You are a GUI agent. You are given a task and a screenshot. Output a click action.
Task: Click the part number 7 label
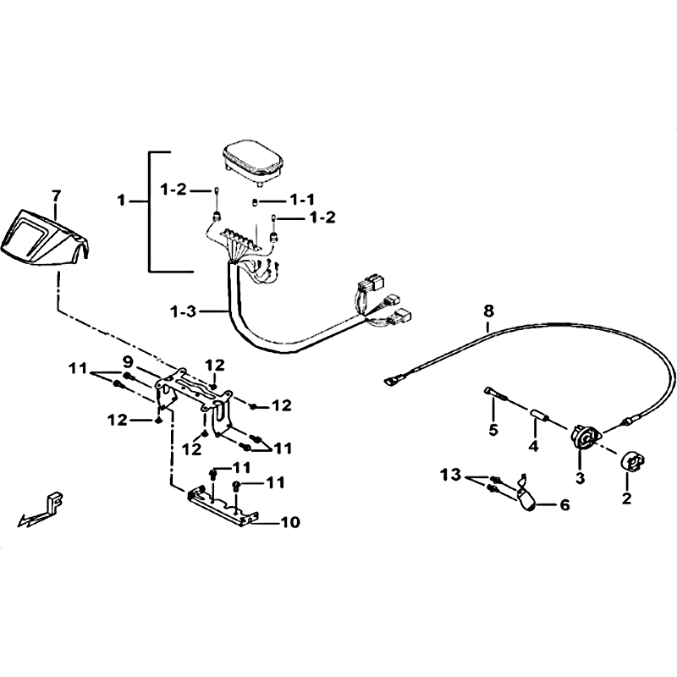click(56, 196)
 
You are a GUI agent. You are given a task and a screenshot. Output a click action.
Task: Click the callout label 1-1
click(302, 200)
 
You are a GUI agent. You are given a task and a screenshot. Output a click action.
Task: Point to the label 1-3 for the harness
click(184, 311)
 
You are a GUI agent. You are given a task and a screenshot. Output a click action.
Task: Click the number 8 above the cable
click(488, 311)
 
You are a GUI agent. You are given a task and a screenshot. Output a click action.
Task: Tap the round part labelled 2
click(632, 462)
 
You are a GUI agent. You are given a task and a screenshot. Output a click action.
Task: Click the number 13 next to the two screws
click(451, 476)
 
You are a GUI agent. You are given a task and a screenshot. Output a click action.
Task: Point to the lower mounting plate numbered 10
click(223, 505)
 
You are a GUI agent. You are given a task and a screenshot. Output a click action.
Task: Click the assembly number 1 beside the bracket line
click(122, 201)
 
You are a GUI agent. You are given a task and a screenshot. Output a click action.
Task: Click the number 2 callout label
click(626, 498)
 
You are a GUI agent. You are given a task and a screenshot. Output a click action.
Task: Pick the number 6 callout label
click(564, 504)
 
